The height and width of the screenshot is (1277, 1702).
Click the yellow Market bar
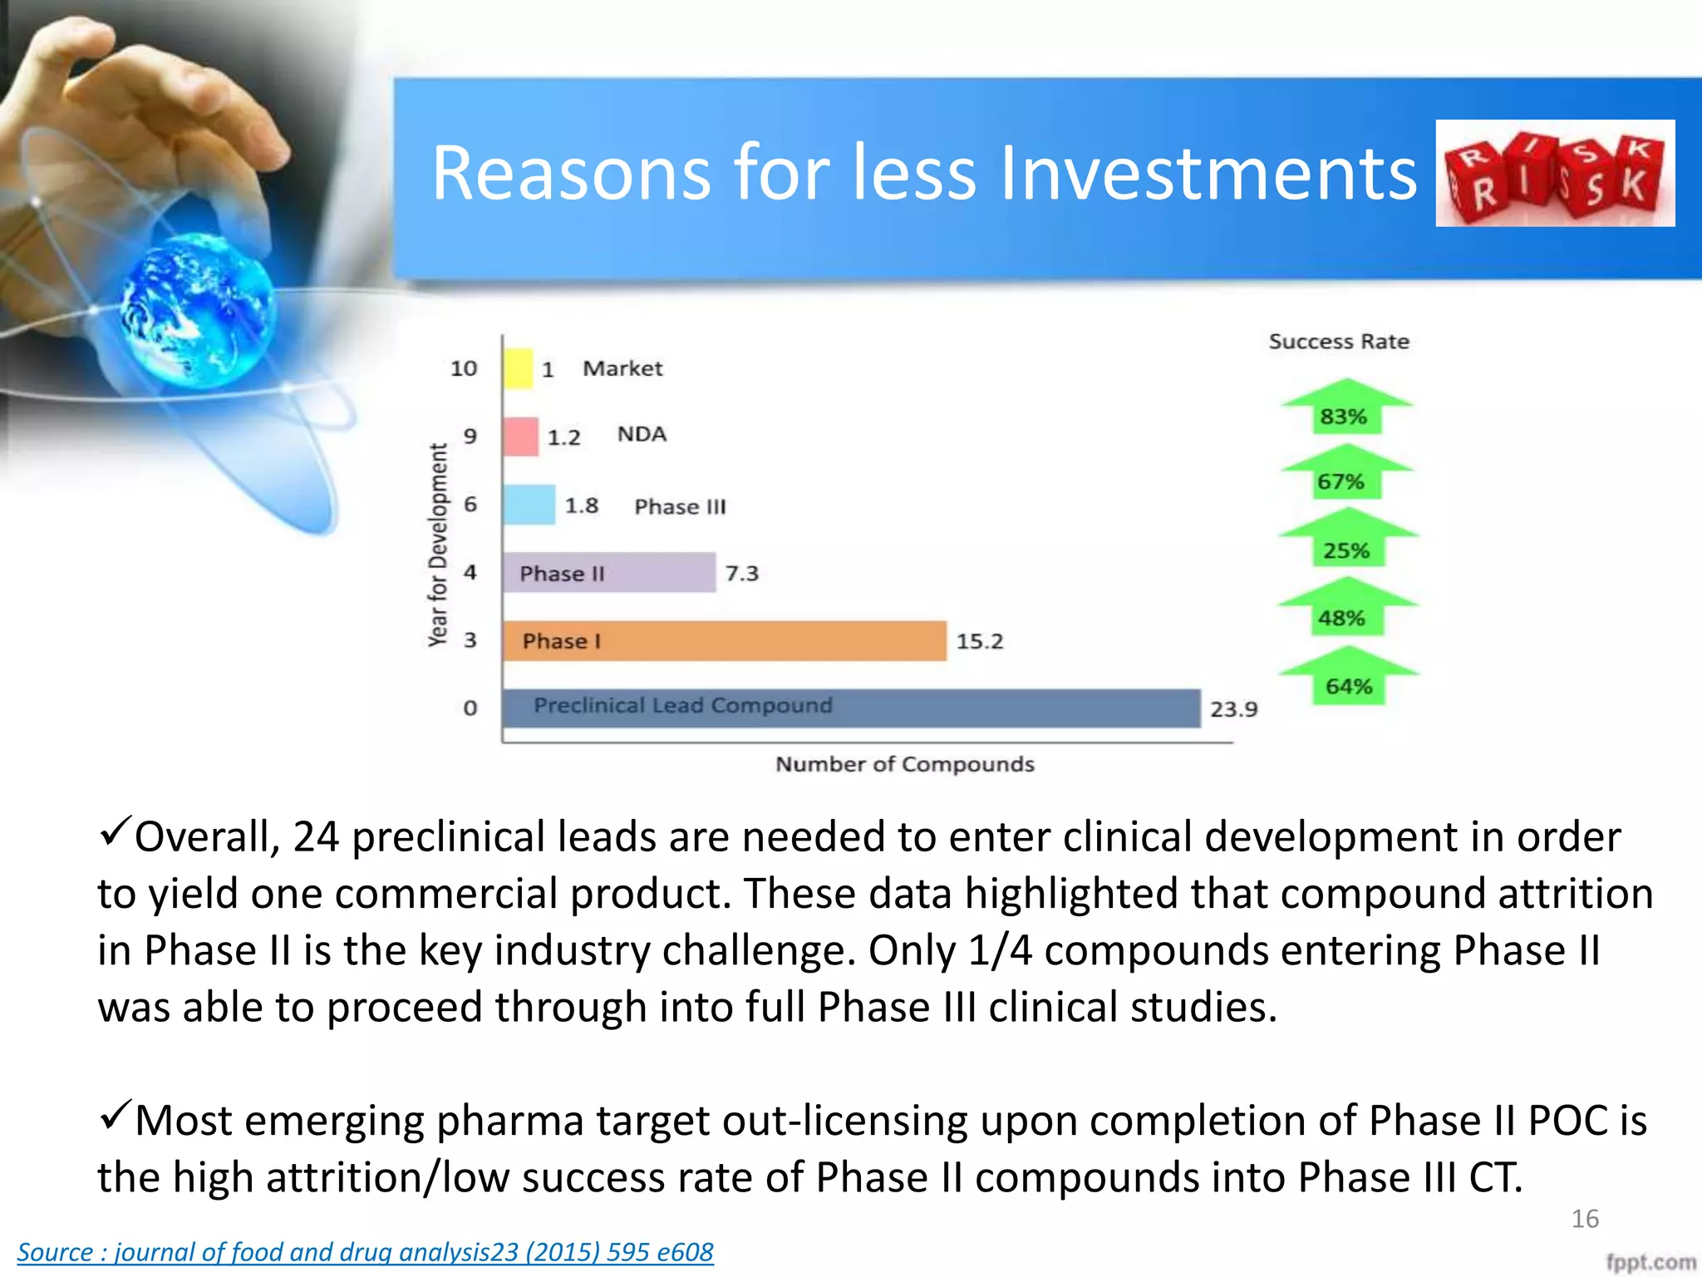[x=518, y=368]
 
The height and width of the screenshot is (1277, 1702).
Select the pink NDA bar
[x=521, y=436]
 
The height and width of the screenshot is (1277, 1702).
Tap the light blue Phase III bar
[x=529, y=505]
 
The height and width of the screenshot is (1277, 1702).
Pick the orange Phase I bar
[x=723, y=641]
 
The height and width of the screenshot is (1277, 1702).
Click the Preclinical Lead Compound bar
[x=851, y=708]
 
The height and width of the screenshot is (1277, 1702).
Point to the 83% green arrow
[x=1346, y=407]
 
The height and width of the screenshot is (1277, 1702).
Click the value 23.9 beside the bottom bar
[x=1233, y=709]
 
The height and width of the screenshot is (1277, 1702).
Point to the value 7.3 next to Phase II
[x=741, y=574]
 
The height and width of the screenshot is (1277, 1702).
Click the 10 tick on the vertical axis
[x=464, y=368]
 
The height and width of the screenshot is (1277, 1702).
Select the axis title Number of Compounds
[x=904, y=764]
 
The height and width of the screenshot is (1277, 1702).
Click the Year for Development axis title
[x=438, y=545]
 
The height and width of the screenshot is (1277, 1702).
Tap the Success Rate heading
[x=1339, y=342]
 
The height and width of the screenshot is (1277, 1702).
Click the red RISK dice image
[x=1555, y=173]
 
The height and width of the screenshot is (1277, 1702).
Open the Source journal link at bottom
[x=365, y=1252]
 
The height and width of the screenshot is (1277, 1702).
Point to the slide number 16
[x=1585, y=1219]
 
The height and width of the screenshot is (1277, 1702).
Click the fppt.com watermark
[x=1650, y=1262]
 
